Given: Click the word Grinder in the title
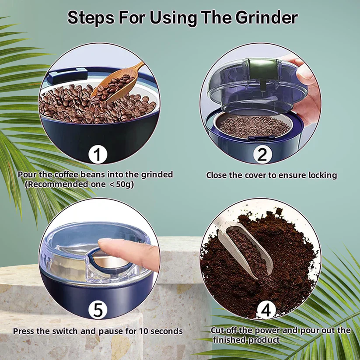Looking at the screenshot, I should click(266, 18).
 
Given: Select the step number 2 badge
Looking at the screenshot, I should click(262, 154).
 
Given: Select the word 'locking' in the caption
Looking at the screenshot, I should click(322, 175).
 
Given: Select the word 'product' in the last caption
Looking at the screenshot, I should click(264, 340).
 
